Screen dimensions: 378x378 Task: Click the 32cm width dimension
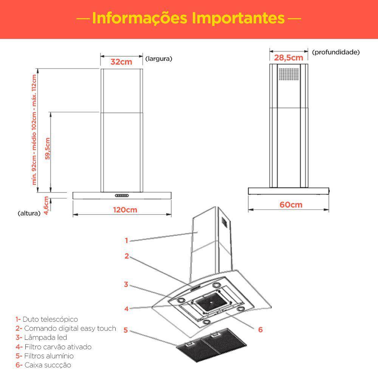coord(121,62)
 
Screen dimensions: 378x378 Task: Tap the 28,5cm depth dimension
coord(289,58)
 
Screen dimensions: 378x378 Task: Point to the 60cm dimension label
coord(291,204)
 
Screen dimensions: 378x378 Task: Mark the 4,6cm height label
coord(46,206)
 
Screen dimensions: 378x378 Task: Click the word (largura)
coord(159,59)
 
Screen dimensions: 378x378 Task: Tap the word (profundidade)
coord(336,52)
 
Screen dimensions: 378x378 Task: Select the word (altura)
coord(29,213)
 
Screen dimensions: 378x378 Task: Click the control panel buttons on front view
coord(122,195)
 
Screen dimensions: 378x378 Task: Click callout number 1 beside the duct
coord(127,240)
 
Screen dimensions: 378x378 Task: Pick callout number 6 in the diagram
coord(260,329)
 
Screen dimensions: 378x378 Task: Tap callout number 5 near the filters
coord(126,330)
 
